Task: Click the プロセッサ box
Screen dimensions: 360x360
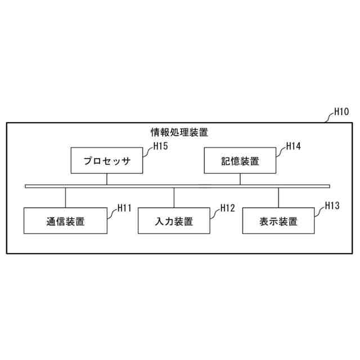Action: [x=106, y=161]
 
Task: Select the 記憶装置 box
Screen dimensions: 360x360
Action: [x=240, y=161]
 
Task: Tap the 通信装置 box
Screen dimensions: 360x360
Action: [x=65, y=220]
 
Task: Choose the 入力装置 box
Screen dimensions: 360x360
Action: [x=174, y=220]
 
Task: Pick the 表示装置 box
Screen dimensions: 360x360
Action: [x=278, y=220]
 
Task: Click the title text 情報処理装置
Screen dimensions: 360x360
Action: [x=179, y=133]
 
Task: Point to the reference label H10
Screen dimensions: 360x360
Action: [x=341, y=111]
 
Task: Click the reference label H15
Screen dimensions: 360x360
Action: [x=161, y=146]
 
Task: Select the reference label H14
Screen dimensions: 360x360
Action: [x=293, y=146]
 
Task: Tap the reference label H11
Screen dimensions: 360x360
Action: [x=124, y=208]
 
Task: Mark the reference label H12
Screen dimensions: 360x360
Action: [x=227, y=208]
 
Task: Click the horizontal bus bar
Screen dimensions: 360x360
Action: [x=177, y=186]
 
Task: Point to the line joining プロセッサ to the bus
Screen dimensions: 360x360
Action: [x=106, y=179]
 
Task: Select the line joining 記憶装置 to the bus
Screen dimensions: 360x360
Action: [x=240, y=179]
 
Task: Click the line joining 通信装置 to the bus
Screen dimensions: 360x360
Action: [x=65, y=197]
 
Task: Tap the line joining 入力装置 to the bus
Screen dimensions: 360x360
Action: [x=174, y=197]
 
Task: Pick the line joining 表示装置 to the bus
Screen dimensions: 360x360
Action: [x=278, y=197]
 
